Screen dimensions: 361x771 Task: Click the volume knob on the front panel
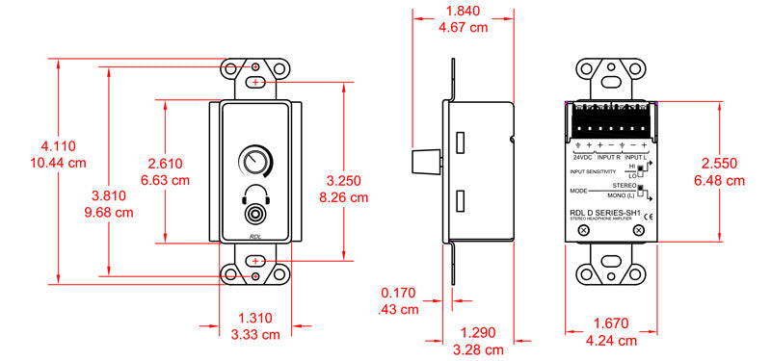pyautogui.click(x=254, y=159)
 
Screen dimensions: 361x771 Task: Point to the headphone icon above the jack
pyautogui.click(x=254, y=193)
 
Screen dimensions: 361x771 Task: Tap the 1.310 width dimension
pyautogui.click(x=255, y=318)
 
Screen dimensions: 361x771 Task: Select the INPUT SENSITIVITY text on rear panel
pyautogui.click(x=593, y=171)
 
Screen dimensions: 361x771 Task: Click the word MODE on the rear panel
pyautogui.click(x=579, y=192)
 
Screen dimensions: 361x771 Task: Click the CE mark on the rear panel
pyautogui.click(x=648, y=217)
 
